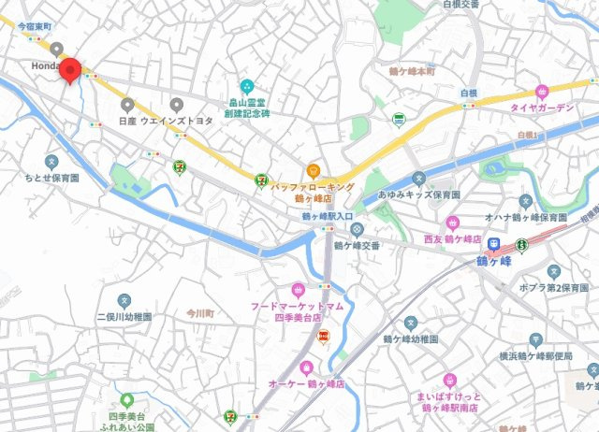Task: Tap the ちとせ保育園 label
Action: tap(52, 176)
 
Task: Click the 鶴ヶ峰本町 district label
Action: tap(413, 71)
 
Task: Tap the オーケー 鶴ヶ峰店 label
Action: tap(310, 384)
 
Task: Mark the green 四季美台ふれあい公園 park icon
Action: tap(126, 400)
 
